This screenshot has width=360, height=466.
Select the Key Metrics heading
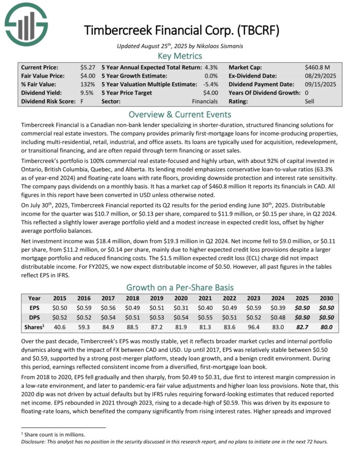[179, 56]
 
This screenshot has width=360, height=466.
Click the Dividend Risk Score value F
[82, 101]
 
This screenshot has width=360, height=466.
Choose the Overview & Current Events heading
[179, 114]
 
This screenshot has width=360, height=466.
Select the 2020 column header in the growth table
[180, 299]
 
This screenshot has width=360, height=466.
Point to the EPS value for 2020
[180, 307]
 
